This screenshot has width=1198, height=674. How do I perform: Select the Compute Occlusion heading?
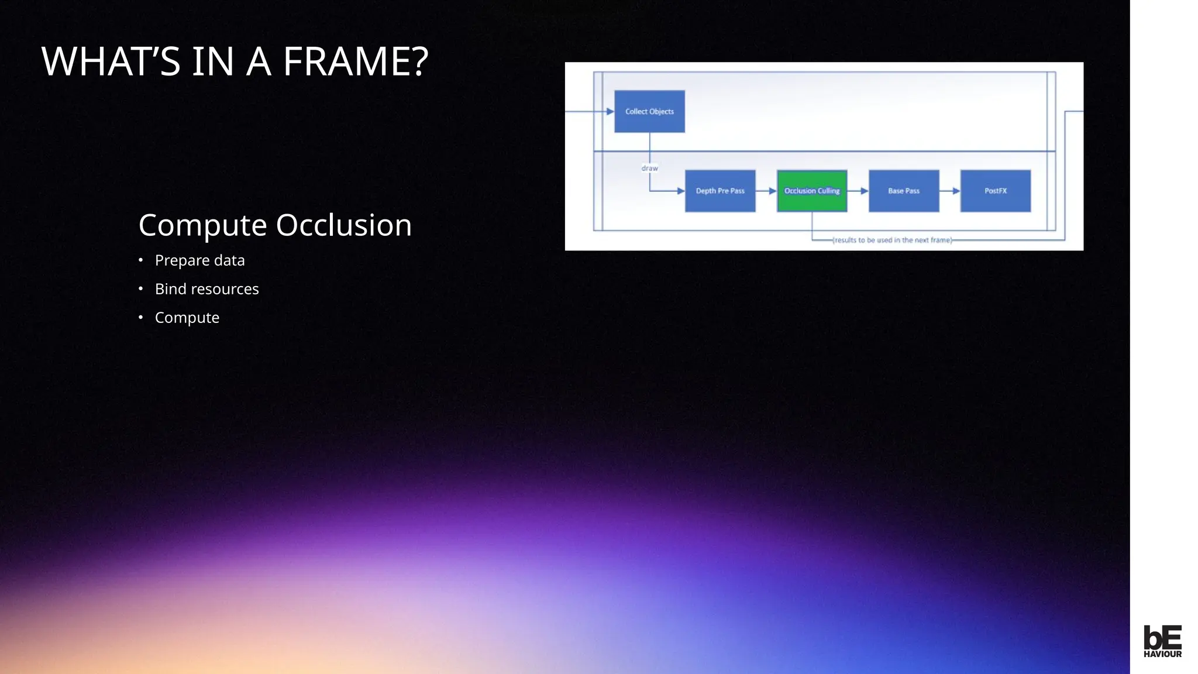point(275,225)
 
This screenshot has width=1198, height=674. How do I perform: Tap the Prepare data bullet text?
point(199,260)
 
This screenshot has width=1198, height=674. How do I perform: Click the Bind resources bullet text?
point(206,289)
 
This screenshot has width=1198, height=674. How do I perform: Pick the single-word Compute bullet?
point(187,318)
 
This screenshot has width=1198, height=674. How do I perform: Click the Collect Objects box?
point(649,111)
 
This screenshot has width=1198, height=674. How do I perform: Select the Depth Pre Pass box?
point(720,191)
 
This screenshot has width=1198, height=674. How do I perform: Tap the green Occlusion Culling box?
point(811,191)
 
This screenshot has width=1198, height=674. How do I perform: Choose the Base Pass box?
point(904,191)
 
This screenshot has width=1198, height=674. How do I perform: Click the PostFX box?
point(995,191)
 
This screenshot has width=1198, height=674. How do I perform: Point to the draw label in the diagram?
point(649,168)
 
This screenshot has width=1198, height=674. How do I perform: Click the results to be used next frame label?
point(892,240)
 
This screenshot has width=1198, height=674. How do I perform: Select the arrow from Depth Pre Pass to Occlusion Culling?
point(766,191)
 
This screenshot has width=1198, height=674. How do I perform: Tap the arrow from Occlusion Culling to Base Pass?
point(858,191)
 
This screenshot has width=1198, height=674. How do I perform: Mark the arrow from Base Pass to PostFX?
point(950,191)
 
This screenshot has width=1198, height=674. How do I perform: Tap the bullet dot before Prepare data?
point(141,260)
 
